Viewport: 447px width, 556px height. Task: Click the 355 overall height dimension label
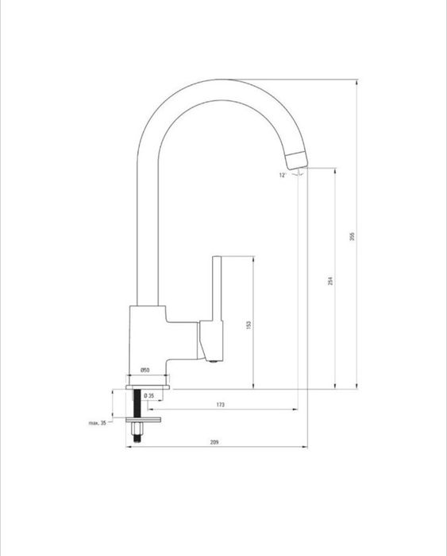click(x=353, y=236)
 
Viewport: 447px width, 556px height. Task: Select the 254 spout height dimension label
click(x=330, y=281)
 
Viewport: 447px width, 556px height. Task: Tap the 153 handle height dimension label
click(x=249, y=325)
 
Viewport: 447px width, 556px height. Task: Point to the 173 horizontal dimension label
click(x=220, y=405)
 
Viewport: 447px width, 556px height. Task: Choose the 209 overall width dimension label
click(x=214, y=442)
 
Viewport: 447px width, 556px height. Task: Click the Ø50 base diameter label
click(x=145, y=370)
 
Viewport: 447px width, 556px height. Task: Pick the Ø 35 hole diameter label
click(x=149, y=396)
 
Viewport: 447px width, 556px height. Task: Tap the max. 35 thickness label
click(x=98, y=422)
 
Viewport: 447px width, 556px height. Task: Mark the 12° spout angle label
click(x=283, y=175)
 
